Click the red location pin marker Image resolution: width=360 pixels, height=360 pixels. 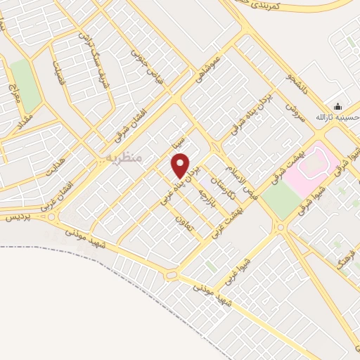(x=181, y=165)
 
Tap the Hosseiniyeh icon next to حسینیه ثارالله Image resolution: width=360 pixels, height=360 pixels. (x=338, y=107)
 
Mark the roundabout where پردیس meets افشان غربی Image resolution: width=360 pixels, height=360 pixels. (x=52, y=216)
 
